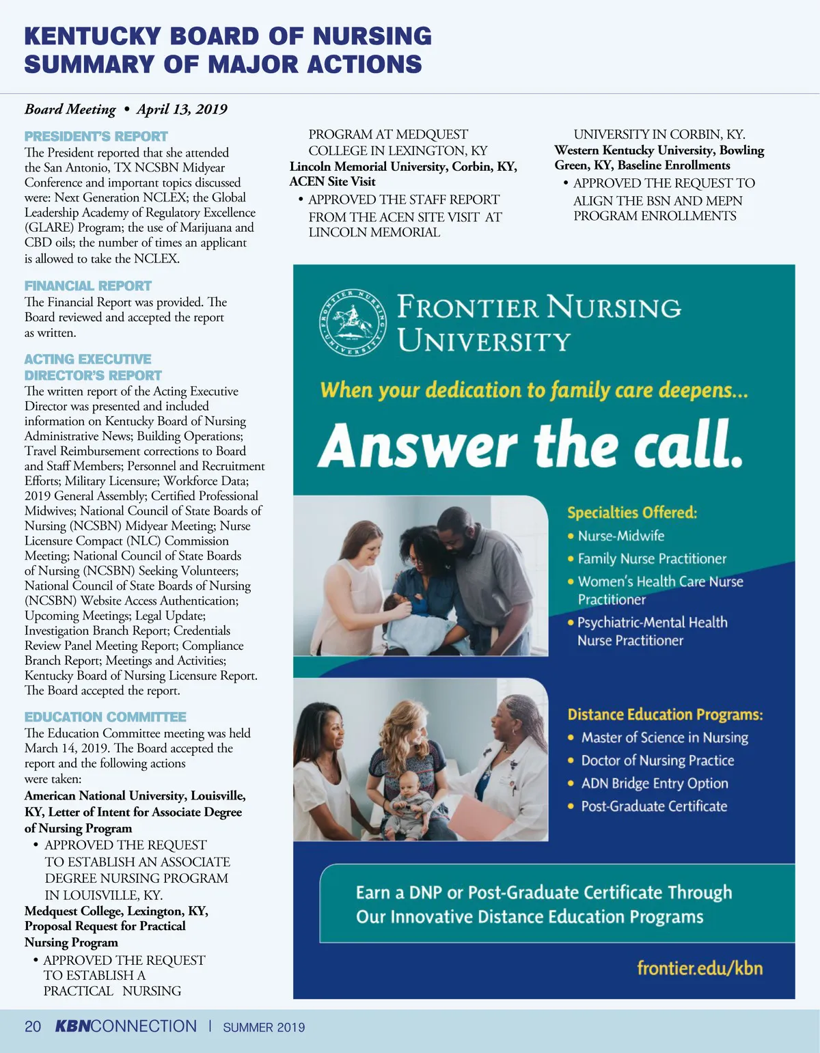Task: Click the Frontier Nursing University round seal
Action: click(353, 322)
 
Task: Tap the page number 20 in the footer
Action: click(33, 1026)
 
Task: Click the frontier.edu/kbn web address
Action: click(699, 968)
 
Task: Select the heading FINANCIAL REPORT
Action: click(88, 286)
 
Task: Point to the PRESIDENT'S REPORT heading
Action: click(96, 136)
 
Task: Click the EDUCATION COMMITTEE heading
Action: click(105, 717)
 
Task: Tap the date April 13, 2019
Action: click(182, 109)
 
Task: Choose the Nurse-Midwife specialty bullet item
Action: click(620, 536)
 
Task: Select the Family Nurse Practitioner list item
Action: click(652, 558)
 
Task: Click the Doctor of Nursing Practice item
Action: click(657, 761)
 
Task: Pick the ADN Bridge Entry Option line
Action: click(654, 783)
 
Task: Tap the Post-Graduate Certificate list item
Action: click(653, 806)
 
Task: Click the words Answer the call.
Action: click(530, 445)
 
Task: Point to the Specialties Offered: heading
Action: click(632, 512)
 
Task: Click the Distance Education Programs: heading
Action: click(665, 715)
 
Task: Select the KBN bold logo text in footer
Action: click(72, 1026)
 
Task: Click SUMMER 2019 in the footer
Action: click(264, 1027)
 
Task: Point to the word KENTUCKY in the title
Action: click(92, 36)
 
